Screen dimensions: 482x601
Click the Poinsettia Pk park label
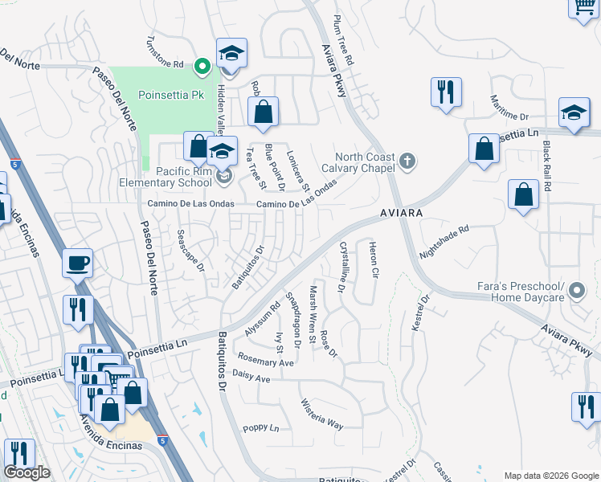click(172, 94)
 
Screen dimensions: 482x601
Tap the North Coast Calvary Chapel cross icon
click(407, 161)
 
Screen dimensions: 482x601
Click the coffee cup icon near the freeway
click(78, 263)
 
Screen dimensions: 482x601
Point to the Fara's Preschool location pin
click(577, 292)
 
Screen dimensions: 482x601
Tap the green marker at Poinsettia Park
click(202, 65)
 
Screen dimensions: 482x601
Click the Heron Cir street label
click(373, 259)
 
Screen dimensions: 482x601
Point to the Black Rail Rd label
click(547, 165)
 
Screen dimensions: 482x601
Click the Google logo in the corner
click(27, 473)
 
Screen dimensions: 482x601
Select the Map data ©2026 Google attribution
click(550, 476)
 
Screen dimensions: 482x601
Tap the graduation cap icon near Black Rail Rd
click(574, 114)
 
